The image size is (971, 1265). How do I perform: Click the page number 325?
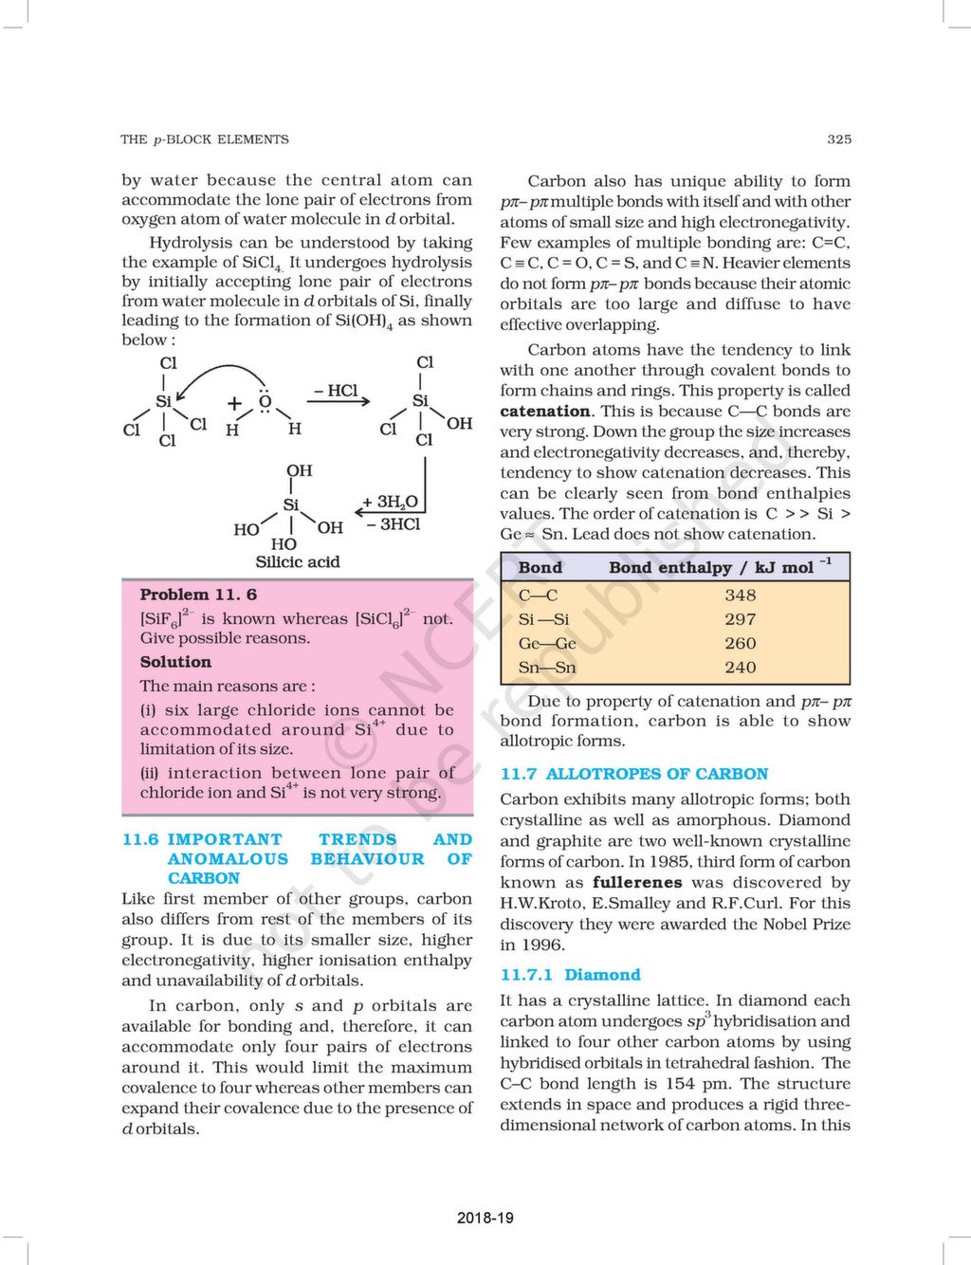click(838, 139)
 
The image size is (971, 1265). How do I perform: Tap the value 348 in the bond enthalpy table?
click(740, 596)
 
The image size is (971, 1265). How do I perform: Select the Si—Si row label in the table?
click(543, 619)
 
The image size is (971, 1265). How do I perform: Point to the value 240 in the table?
click(740, 668)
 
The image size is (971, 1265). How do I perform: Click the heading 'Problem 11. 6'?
click(198, 595)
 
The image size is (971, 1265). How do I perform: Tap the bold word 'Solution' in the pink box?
click(175, 662)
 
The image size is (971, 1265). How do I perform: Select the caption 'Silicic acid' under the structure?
click(297, 562)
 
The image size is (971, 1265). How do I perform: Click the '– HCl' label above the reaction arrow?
click(336, 391)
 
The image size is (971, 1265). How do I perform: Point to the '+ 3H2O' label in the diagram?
click(390, 503)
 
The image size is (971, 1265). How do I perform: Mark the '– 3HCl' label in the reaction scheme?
click(393, 524)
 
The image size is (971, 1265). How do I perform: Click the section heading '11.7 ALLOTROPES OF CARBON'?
click(633, 774)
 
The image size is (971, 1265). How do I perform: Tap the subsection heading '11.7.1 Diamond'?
click(570, 975)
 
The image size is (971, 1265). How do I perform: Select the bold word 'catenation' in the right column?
click(545, 412)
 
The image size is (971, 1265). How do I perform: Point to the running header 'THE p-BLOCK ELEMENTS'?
click(205, 139)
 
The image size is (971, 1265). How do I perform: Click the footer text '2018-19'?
click(485, 1218)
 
